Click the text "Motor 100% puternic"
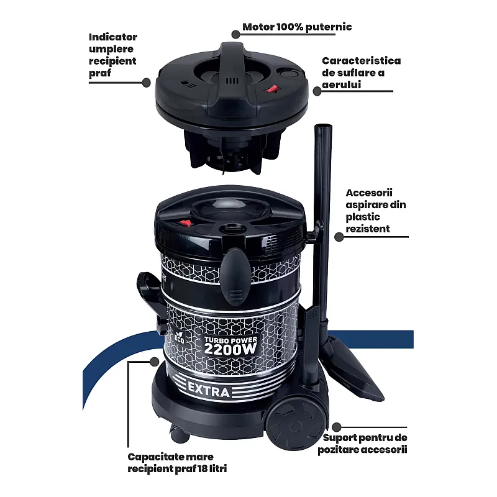point(297,27)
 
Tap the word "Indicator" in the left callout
point(112,37)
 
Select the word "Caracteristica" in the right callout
point(361,61)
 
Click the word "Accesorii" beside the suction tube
point(369,193)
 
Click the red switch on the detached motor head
point(271,89)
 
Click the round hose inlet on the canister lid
point(235,229)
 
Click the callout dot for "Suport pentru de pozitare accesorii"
point(336,428)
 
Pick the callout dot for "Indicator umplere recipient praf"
point(147,82)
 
